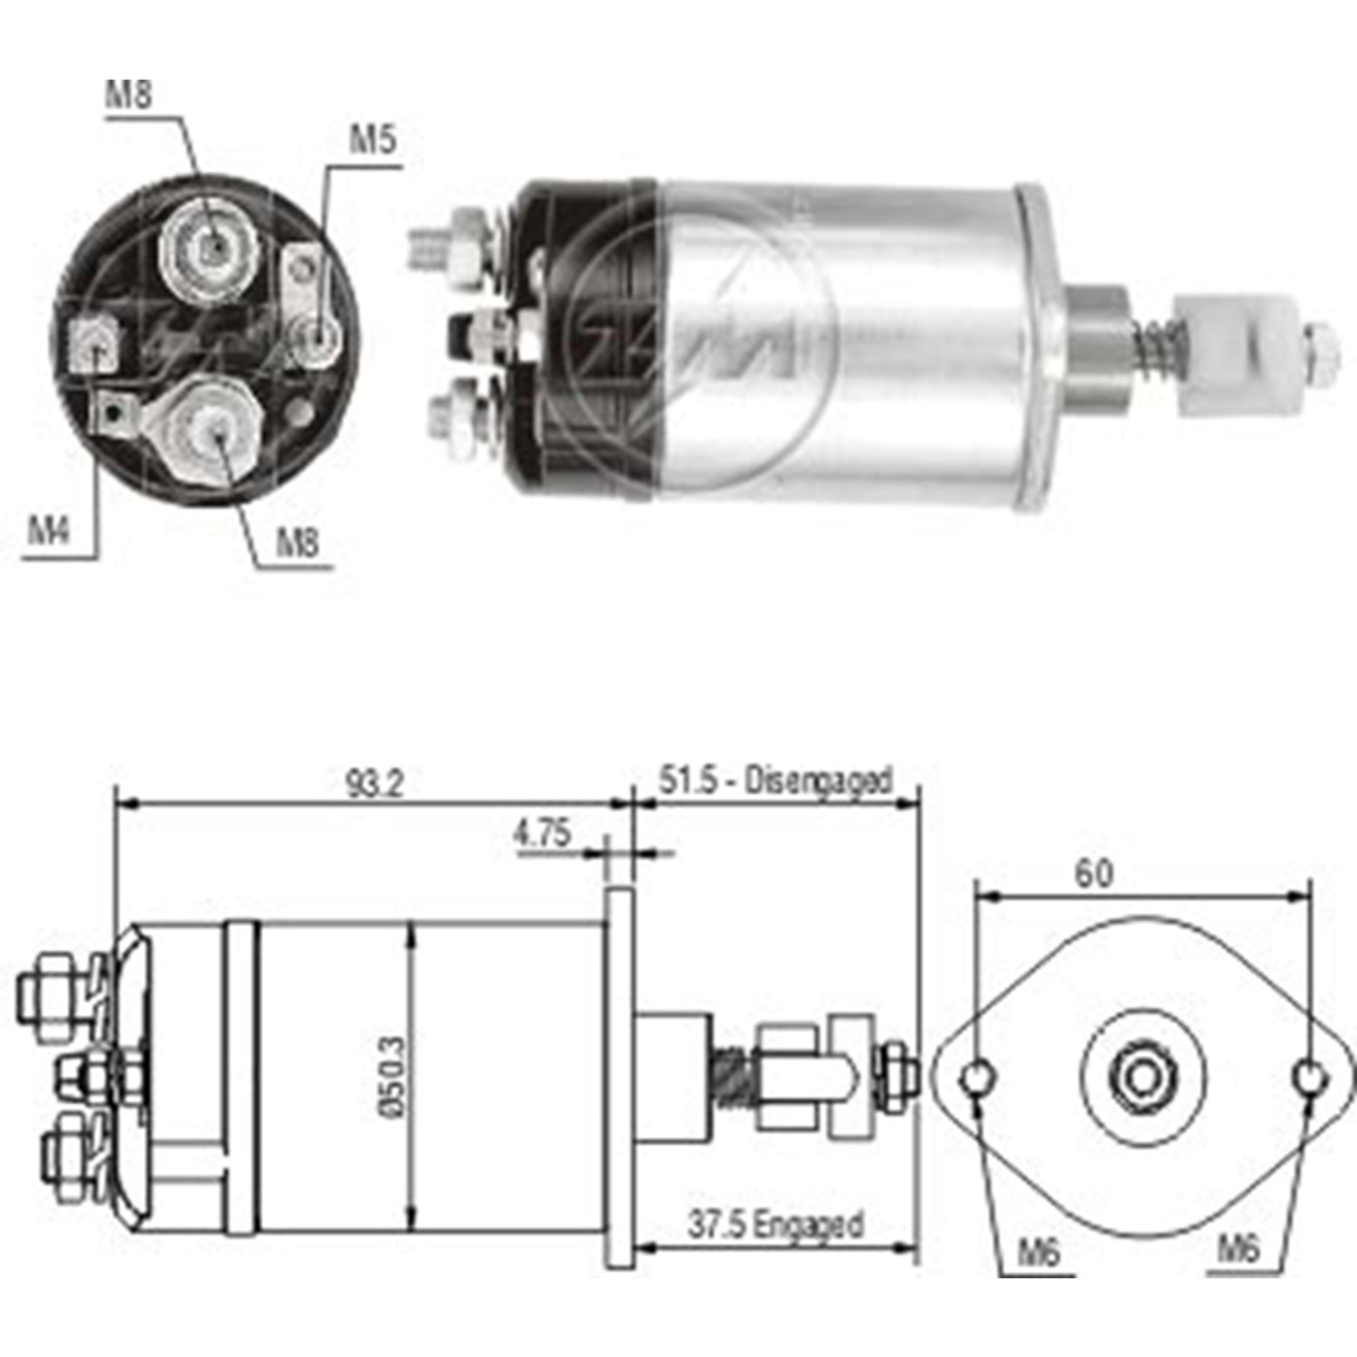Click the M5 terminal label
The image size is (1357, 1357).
(373, 141)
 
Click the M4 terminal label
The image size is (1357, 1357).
(49, 530)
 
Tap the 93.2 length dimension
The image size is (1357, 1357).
(374, 783)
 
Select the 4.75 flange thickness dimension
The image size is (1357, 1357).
(543, 832)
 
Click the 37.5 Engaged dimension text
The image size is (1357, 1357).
(775, 1225)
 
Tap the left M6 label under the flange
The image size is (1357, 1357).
(1039, 1252)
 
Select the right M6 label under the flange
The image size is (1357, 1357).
(1238, 1249)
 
